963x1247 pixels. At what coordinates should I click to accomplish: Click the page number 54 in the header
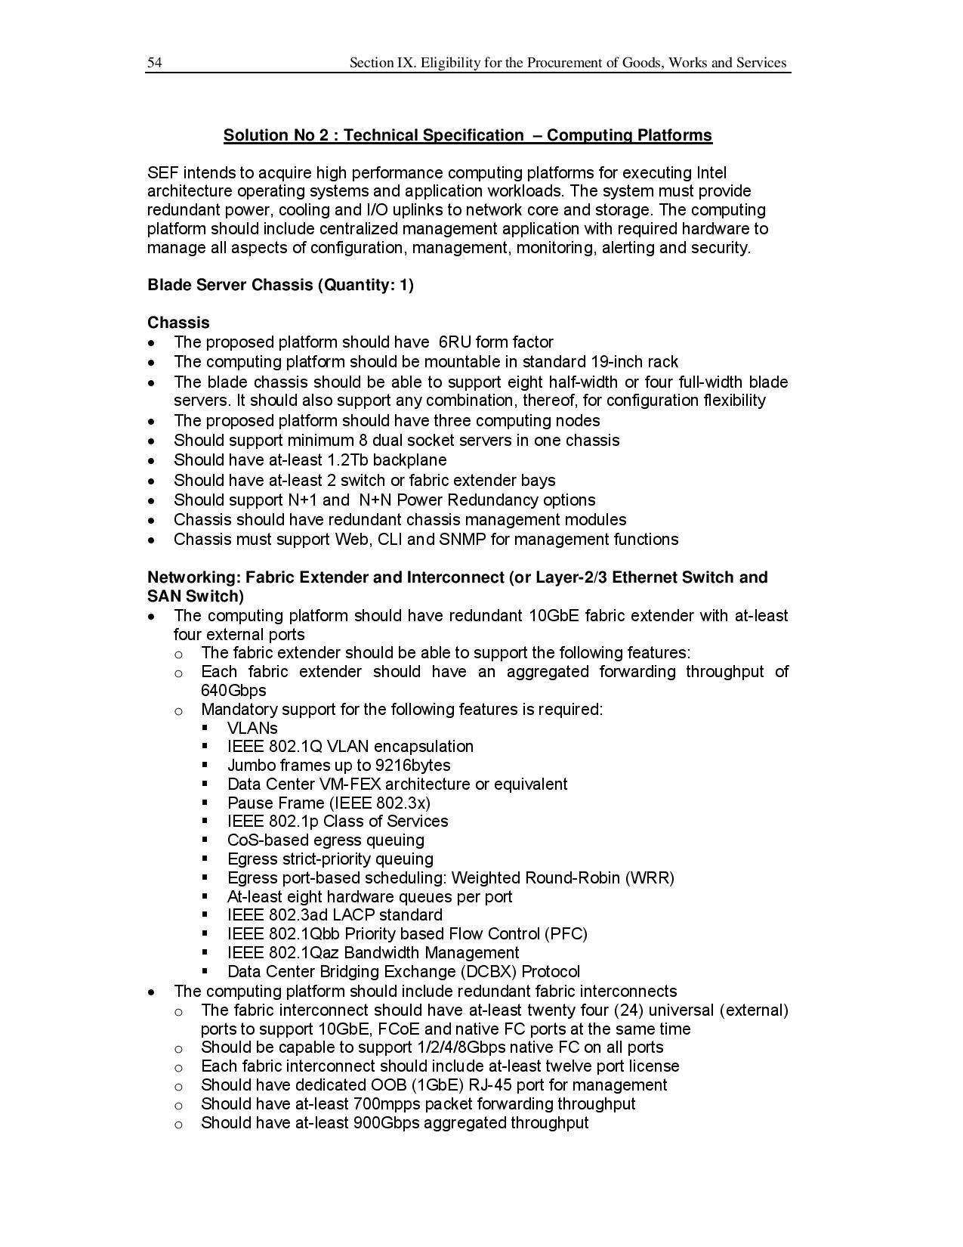pyautogui.click(x=154, y=63)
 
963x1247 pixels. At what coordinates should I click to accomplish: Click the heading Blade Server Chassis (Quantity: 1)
pyautogui.click(x=280, y=285)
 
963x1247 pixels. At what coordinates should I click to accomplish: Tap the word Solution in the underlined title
pyautogui.click(x=255, y=135)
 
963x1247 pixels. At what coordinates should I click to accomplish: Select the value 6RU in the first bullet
pyautogui.click(x=455, y=342)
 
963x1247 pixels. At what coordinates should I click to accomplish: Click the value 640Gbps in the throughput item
pyautogui.click(x=233, y=690)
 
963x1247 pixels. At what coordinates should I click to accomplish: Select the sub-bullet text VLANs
pyautogui.click(x=252, y=728)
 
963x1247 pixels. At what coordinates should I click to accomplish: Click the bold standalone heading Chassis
pyautogui.click(x=178, y=323)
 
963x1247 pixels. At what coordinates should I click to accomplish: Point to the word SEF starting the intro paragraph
pyautogui.click(x=162, y=172)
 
